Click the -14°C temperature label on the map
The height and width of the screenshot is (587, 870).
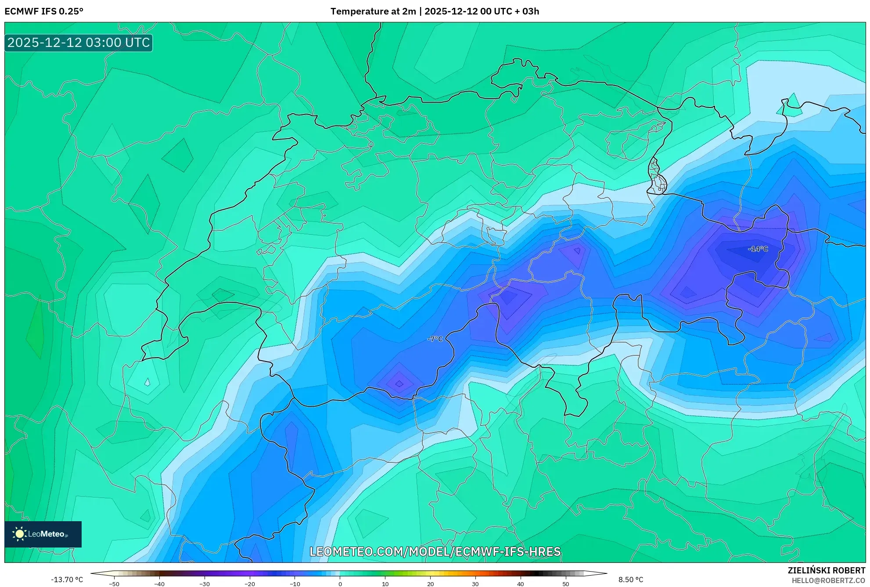758,249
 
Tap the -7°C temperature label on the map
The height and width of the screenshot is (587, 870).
435,339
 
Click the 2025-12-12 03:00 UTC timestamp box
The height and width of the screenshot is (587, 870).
79,43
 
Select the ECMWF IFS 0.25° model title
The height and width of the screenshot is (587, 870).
44,11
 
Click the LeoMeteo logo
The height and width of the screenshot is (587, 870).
43,534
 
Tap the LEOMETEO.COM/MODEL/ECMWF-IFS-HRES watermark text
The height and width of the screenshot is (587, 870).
435,551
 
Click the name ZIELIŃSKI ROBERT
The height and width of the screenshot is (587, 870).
826,570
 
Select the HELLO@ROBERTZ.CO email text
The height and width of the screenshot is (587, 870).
828,580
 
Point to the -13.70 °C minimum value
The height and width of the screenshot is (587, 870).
67,580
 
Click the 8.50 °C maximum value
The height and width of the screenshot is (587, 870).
631,580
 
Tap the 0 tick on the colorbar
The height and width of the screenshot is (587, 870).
340,584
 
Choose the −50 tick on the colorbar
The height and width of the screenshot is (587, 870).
114,584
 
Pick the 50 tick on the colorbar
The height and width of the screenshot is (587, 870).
565,584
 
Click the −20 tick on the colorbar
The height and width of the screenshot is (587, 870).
249,584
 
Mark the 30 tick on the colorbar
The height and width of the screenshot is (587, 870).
475,584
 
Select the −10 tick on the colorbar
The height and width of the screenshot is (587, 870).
295,584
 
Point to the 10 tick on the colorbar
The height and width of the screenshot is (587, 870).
385,584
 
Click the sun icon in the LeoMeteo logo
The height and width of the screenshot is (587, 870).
19,534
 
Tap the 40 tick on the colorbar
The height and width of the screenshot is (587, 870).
521,584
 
